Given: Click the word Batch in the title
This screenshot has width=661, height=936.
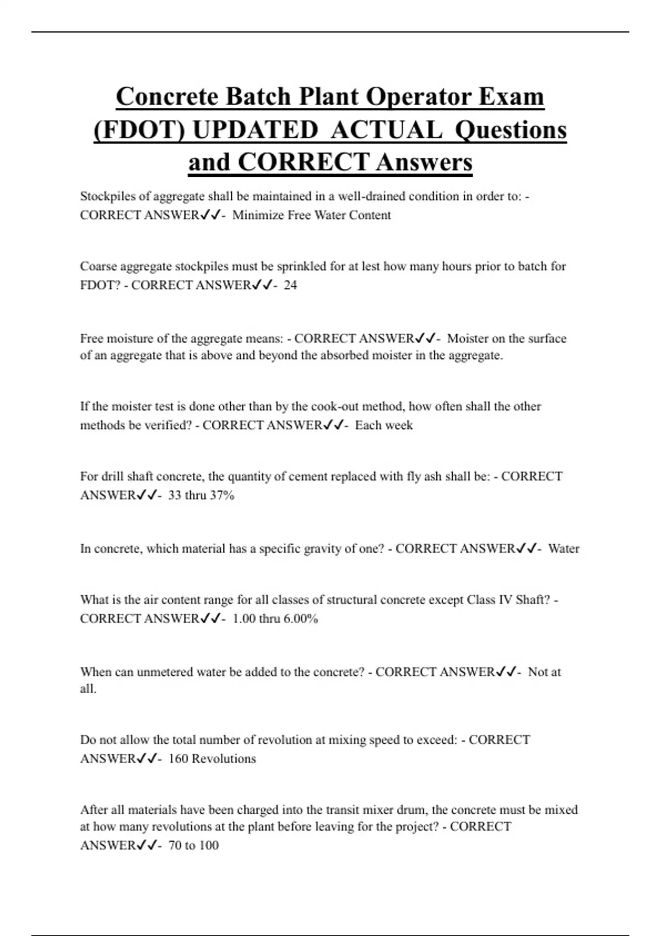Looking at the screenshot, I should [258, 97].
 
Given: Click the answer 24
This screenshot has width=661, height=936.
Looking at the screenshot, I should [290, 285].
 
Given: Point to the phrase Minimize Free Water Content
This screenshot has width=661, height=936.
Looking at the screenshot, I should [311, 215].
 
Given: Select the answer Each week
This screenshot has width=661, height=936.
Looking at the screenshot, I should [383, 425].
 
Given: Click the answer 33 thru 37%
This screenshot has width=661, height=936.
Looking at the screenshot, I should [201, 495].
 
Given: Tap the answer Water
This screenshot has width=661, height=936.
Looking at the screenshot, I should [564, 548].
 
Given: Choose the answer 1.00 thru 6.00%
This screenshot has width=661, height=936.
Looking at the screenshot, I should [275, 618].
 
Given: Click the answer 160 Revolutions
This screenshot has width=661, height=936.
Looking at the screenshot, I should [212, 758].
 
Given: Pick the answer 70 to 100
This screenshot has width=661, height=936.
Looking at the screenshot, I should [193, 845].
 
